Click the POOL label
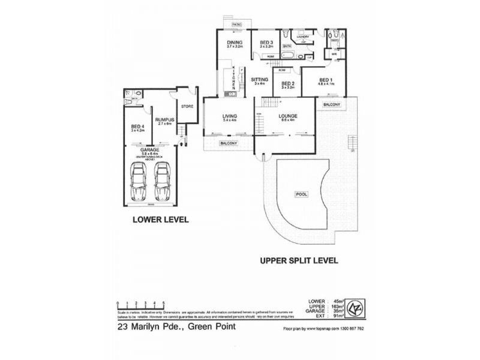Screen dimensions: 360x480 pyautogui.click(x=300, y=194)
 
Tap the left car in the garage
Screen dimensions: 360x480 pyautogui.click(x=139, y=183)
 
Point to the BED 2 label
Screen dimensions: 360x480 pyautogui.click(x=288, y=84)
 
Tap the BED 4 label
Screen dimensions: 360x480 pyautogui.click(x=138, y=126)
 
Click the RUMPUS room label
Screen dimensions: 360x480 pyautogui.click(x=164, y=120)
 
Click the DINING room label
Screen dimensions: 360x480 pyautogui.click(x=234, y=42)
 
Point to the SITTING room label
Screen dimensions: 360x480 pyautogui.click(x=259, y=79)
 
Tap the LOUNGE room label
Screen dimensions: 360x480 pyautogui.click(x=288, y=116)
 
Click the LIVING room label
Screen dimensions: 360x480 pyautogui.click(x=229, y=116)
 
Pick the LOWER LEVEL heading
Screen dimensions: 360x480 pyautogui.click(x=160, y=220)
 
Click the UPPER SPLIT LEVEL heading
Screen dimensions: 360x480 pyautogui.click(x=299, y=261)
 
